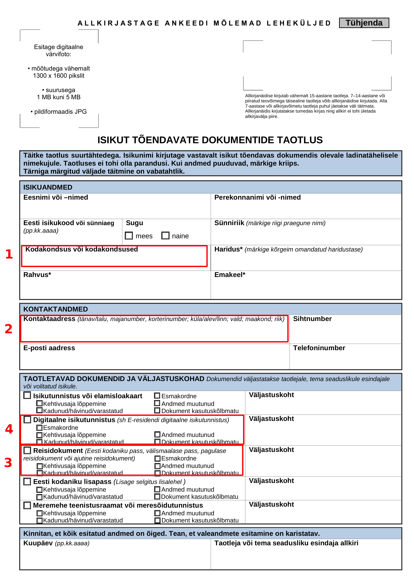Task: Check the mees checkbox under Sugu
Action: [129, 236]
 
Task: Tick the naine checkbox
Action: [165, 236]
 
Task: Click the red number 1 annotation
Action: [9, 254]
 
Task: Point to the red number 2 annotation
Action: [9, 329]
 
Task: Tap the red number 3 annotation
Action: [8, 463]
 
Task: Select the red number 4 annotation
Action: [9, 429]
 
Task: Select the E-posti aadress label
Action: [49, 348]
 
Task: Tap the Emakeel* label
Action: [230, 275]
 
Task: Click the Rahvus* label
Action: [37, 275]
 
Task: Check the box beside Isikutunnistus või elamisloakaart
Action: [27, 395]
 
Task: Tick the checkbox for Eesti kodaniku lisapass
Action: [27, 482]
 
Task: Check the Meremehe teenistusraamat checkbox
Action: [27, 505]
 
